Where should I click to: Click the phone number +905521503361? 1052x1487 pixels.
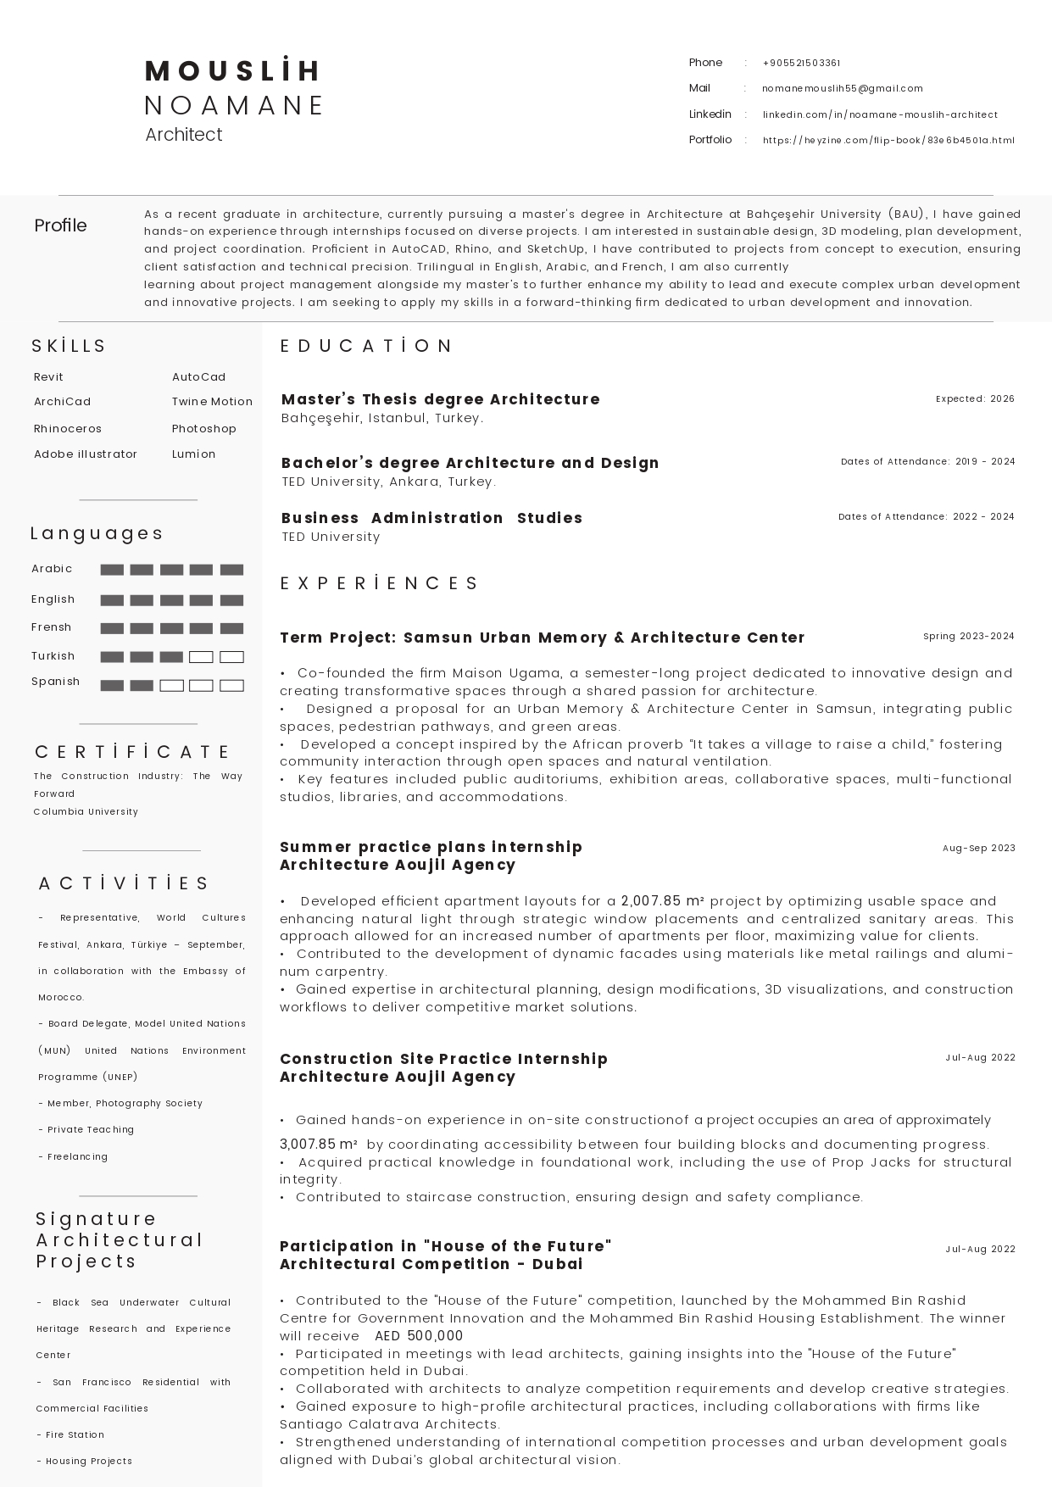(x=801, y=63)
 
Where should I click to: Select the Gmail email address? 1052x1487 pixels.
(x=842, y=88)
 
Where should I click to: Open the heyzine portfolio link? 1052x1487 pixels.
(x=888, y=141)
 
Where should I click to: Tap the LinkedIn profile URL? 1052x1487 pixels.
(x=879, y=114)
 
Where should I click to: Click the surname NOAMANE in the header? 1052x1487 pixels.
(x=235, y=105)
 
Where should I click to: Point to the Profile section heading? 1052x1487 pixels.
(x=60, y=226)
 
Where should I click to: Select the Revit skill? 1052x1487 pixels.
(x=48, y=377)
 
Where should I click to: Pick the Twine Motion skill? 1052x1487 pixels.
(x=212, y=402)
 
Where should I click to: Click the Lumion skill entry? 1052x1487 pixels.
(x=193, y=454)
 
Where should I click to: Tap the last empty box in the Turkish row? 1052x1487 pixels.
(x=231, y=657)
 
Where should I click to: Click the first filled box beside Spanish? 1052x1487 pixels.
(x=112, y=686)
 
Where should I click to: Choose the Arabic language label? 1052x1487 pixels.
(x=52, y=569)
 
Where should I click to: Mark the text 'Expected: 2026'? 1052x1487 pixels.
(x=975, y=398)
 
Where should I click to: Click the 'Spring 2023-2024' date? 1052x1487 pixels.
(x=968, y=637)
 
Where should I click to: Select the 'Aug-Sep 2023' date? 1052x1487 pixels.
(x=978, y=849)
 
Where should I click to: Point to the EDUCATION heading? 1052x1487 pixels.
(x=367, y=346)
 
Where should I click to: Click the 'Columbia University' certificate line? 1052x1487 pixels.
(x=86, y=812)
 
